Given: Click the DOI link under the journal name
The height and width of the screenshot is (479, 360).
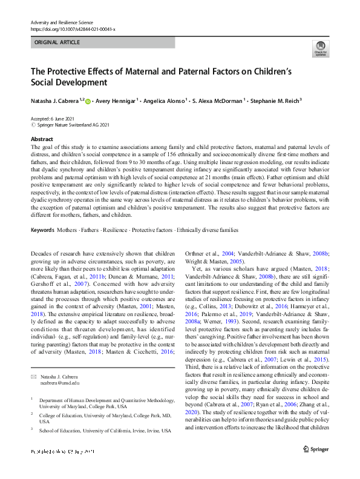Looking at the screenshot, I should pyautogui.click(x=73, y=29).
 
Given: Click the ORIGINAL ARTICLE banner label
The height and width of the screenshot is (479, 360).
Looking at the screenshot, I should pyautogui.click(x=56, y=43).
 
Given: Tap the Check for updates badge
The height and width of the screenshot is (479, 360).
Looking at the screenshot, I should pyautogui.click(x=321, y=49).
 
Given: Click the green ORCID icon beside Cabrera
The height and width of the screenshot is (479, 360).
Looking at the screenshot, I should pyautogui.click(x=88, y=102).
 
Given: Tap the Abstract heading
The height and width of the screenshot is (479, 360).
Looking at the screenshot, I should pyautogui.click(x=42, y=139).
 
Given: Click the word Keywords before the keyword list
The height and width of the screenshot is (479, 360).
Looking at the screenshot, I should pyautogui.click(x=42, y=230).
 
